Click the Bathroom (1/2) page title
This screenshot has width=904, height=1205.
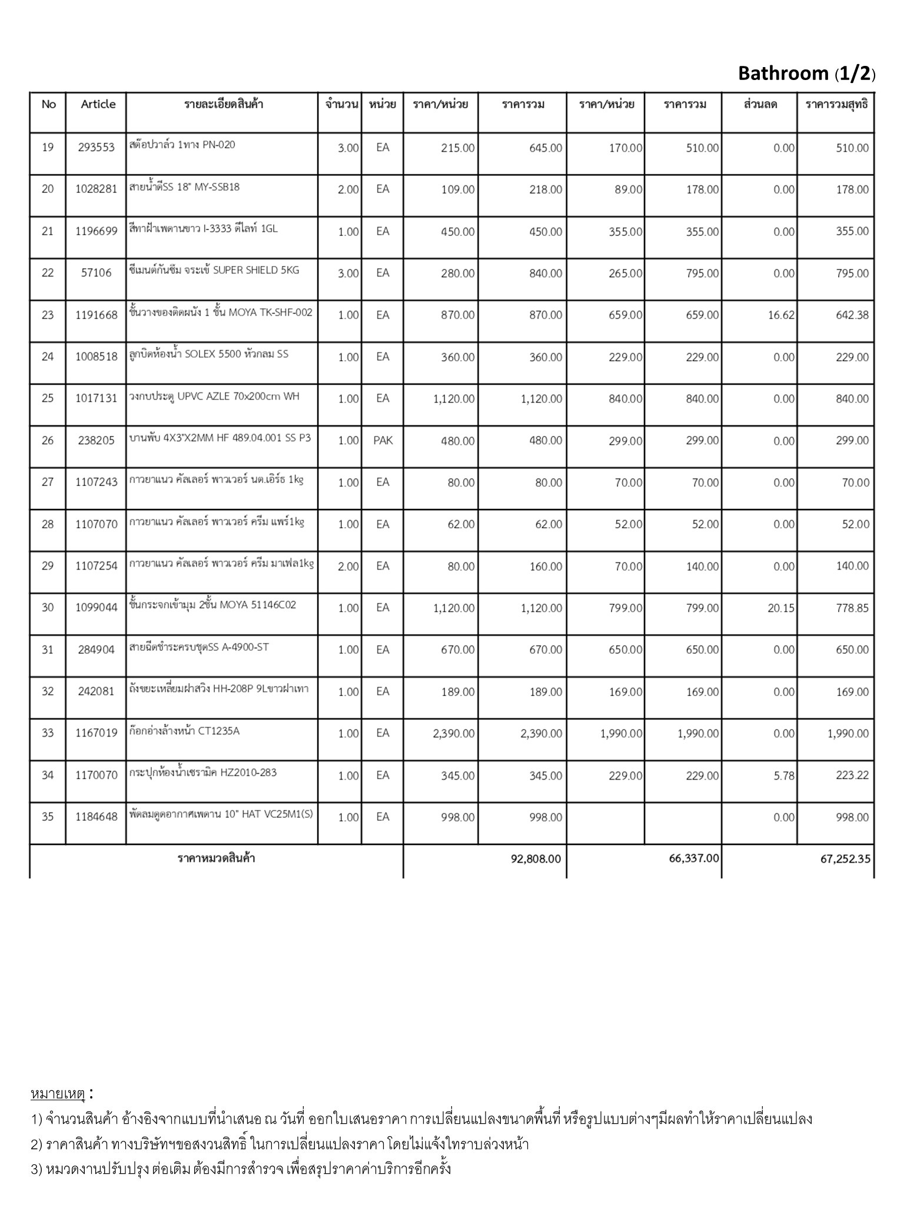(x=806, y=74)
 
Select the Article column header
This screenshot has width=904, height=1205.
(x=98, y=104)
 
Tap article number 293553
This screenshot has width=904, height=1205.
(x=96, y=148)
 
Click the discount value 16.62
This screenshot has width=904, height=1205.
(x=780, y=315)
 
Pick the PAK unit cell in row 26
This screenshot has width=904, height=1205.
(x=383, y=441)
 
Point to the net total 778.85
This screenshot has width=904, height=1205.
(x=852, y=608)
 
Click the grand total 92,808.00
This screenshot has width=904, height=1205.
(x=536, y=859)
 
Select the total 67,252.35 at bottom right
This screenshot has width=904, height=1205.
(x=845, y=859)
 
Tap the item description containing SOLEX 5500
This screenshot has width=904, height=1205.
(x=210, y=354)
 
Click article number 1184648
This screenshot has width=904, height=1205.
(x=96, y=817)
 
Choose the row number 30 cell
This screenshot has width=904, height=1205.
(x=48, y=608)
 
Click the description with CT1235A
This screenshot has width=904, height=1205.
(x=185, y=731)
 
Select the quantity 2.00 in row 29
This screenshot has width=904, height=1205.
(x=348, y=567)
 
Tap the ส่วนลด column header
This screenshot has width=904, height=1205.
(x=760, y=105)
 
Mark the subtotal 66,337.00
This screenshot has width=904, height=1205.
(x=693, y=858)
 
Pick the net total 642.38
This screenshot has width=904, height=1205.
(x=852, y=315)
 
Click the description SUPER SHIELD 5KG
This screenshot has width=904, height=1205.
(x=214, y=271)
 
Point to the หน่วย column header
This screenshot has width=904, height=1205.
(x=383, y=105)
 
